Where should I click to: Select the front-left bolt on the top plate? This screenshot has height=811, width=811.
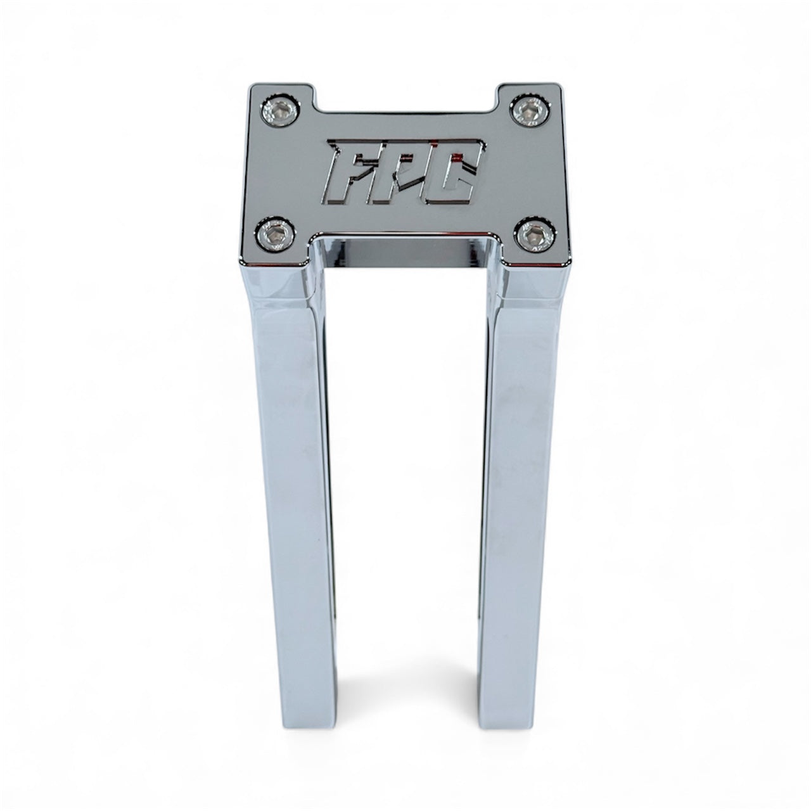[274, 234]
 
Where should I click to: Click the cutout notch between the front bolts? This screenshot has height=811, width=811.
[405, 244]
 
